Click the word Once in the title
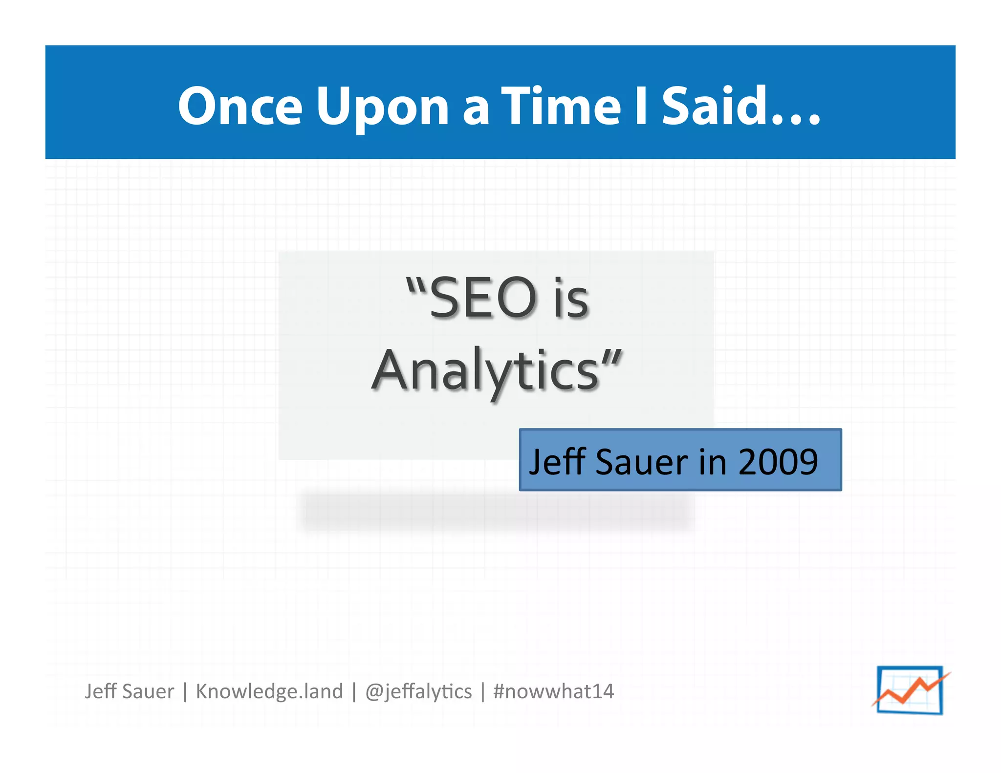(239, 106)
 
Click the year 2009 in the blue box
(778, 461)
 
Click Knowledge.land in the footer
(269, 691)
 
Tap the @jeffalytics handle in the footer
(418, 691)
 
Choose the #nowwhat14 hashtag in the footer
(553, 691)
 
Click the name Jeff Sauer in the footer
(129, 691)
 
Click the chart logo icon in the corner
(910, 690)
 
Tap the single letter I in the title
(640, 106)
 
